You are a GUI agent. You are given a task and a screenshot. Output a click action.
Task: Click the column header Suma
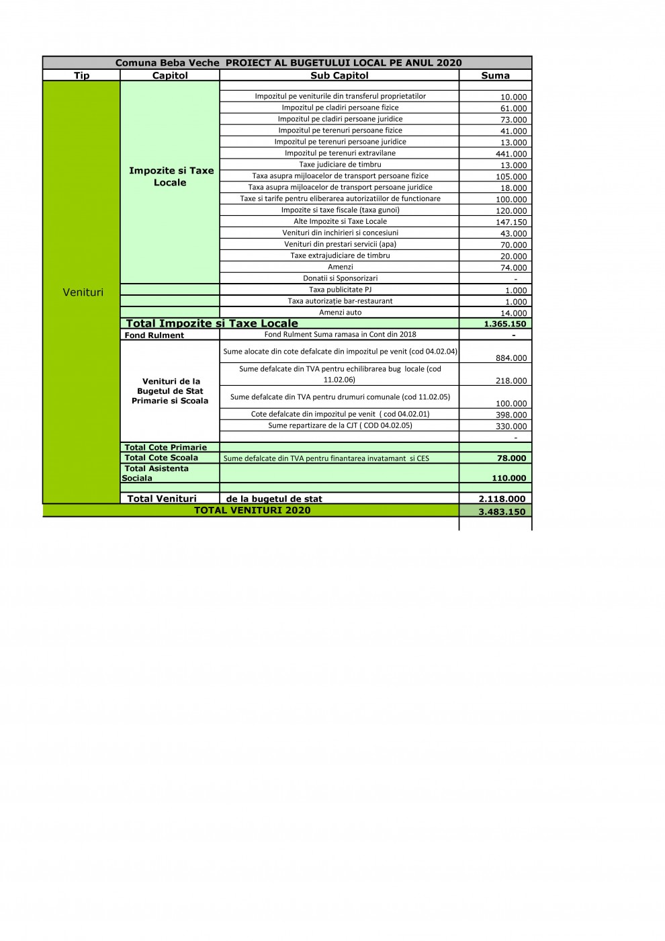coord(495,75)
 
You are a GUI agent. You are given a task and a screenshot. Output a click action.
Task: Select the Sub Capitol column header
coord(339,75)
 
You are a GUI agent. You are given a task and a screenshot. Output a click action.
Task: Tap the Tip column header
coord(81,75)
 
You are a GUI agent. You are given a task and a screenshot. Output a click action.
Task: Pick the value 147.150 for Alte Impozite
coord(511,222)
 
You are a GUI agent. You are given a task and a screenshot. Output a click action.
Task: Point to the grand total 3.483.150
coord(502,512)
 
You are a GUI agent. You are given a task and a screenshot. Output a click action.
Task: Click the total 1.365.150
coord(505,324)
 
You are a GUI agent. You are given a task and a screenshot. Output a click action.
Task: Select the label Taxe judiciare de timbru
coord(340,165)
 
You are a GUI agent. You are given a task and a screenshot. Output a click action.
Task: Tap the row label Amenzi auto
coord(340,313)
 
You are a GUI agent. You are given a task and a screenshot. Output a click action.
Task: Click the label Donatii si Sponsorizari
coord(340,278)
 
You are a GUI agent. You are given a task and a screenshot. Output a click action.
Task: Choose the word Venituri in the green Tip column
coord(83,292)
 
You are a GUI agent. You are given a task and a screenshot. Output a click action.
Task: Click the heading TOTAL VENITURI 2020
coord(252,510)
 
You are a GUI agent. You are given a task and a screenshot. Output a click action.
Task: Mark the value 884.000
coord(511,358)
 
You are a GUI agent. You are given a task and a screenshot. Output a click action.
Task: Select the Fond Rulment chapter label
coord(154,335)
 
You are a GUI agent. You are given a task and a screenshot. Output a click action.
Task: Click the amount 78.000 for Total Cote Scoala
coord(511,458)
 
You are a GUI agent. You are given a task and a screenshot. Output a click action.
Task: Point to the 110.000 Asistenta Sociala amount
coord(508,479)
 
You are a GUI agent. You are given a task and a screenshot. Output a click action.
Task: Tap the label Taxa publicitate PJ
coord(340,290)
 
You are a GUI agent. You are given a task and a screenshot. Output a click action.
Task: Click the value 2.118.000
coord(502,499)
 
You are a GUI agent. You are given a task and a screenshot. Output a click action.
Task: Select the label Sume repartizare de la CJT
coord(340,425)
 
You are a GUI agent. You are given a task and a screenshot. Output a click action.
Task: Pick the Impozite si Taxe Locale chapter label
coord(171,176)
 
